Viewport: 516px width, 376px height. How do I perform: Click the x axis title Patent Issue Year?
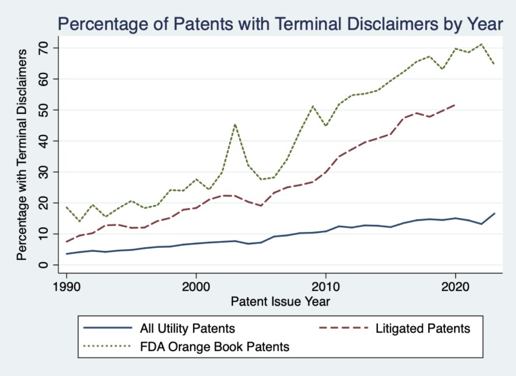coord(280,301)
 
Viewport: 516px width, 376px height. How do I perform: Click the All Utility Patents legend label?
coord(187,329)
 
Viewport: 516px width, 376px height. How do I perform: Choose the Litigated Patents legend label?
coord(423,329)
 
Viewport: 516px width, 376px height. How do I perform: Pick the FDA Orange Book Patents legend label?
coord(214,347)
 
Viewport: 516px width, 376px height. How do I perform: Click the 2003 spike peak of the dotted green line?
coord(235,124)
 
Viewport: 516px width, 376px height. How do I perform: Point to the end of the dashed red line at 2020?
coord(455,105)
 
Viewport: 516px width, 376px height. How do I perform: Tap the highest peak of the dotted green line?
coord(481,44)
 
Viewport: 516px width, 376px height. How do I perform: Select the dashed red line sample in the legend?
coord(342,329)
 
